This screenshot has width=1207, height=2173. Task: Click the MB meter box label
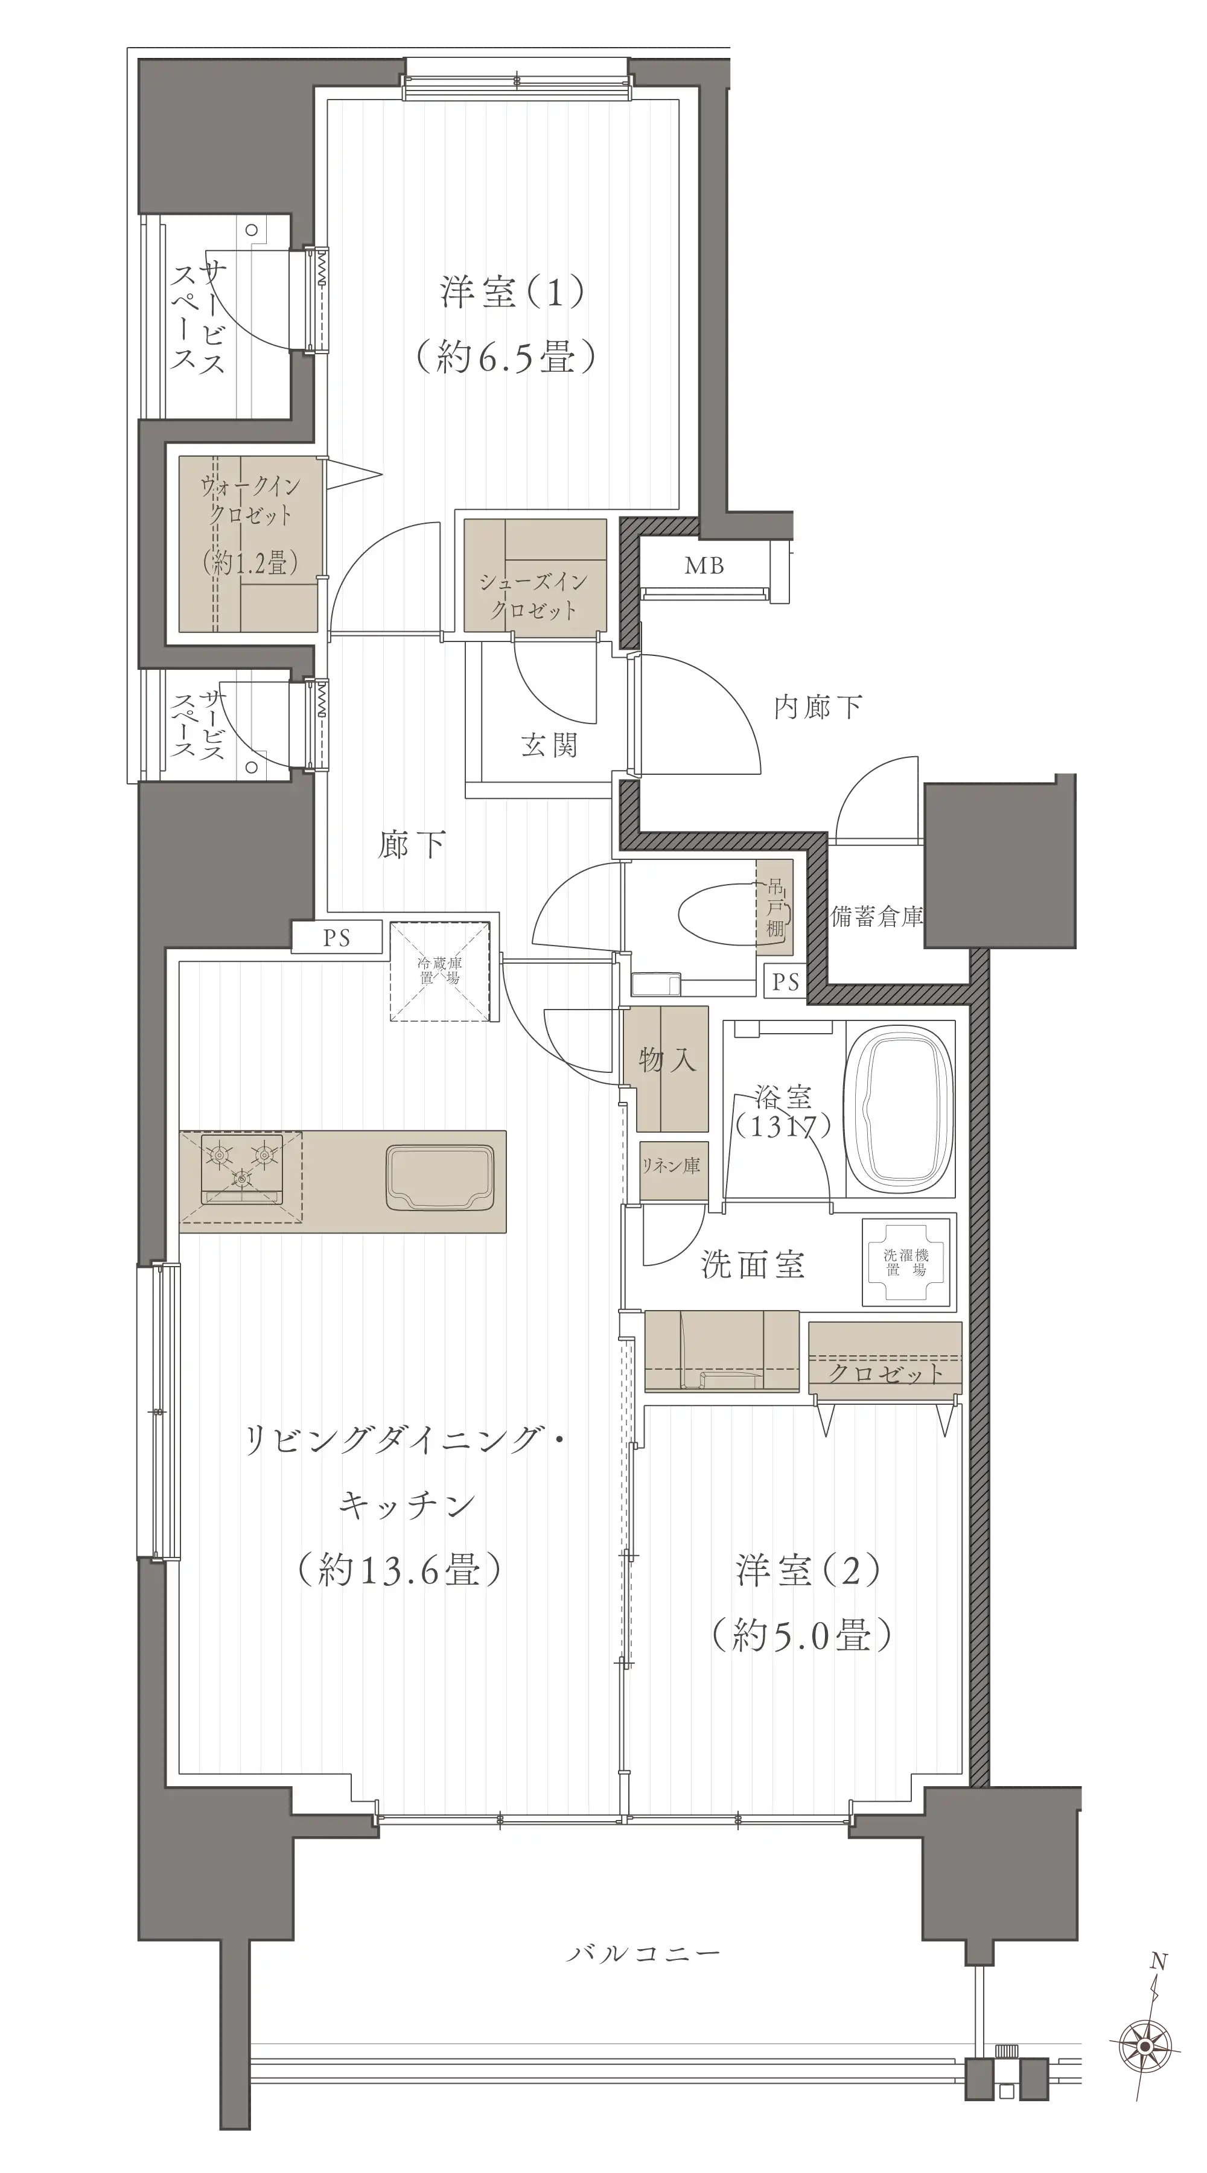[x=704, y=565]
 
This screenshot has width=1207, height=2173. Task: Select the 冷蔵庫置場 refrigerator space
[x=439, y=972]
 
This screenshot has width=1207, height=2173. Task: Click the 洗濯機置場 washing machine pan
[x=906, y=1263]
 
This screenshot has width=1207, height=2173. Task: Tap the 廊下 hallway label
[x=412, y=844]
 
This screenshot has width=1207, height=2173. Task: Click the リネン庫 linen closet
[x=672, y=1170]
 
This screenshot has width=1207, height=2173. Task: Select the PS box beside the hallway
[x=337, y=938]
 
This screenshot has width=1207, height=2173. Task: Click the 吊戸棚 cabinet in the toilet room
[x=774, y=907]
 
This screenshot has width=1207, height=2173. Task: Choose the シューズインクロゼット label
[x=534, y=596]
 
